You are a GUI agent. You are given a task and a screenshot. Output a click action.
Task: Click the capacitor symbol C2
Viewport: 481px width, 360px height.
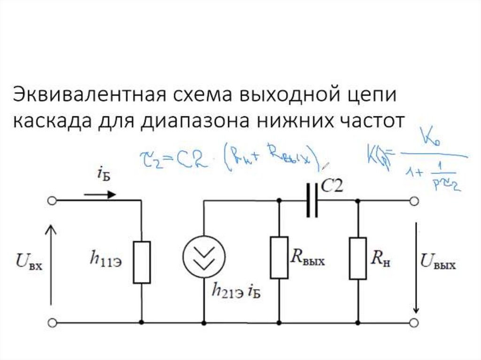[x=313, y=200]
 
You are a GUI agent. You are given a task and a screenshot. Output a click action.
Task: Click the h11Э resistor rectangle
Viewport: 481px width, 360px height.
[x=141, y=262]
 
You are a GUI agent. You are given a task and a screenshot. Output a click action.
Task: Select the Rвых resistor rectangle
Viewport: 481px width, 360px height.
[x=279, y=257]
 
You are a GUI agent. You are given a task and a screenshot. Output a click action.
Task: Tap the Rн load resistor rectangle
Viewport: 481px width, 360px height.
[x=357, y=258]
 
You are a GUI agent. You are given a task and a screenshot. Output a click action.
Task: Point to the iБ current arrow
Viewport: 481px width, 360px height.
[x=100, y=194]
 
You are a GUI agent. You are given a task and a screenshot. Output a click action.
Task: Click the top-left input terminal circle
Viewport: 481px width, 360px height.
[x=52, y=201]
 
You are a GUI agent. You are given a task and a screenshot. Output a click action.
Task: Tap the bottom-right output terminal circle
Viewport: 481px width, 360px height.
[x=414, y=323]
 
